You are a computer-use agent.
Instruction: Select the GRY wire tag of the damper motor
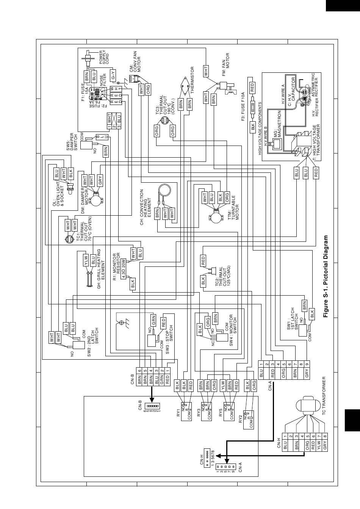(100, 180)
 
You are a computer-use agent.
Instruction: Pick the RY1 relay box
(186, 412)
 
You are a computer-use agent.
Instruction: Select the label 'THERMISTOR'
(193, 80)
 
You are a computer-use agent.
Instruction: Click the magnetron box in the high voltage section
(277, 144)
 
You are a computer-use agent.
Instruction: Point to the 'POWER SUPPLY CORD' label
(104, 57)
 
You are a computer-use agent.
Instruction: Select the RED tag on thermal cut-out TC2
(203, 261)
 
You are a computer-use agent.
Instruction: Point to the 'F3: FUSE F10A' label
(243, 106)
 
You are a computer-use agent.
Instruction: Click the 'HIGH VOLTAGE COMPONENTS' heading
(260, 128)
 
